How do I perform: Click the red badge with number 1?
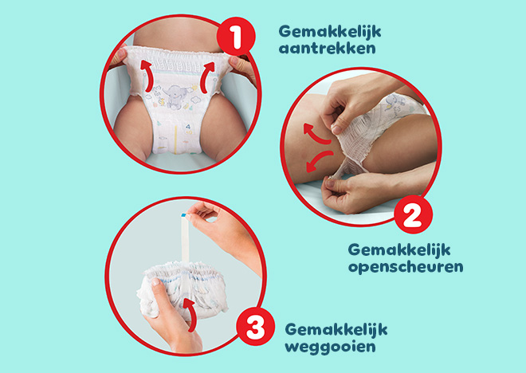click(x=236, y=37)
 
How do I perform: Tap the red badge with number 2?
click(x=414, y=214)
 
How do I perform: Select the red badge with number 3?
click(x=256, y=326)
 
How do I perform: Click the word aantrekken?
click(x=327, y=49)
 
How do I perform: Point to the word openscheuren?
click(x=406, y=267)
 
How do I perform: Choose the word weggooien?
click(x=331, y=347)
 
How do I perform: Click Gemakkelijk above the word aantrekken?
click(x=330, y=32)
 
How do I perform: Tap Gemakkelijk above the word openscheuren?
click(x=399, y=250)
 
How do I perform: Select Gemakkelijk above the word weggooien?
click(x=336, y=329)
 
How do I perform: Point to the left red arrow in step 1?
click(x=147, y=76)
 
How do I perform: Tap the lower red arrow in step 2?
click(x=319, y=159)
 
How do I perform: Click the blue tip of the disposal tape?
click(x=183, y=214)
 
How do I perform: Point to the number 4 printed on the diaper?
click(x=188, y=127)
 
